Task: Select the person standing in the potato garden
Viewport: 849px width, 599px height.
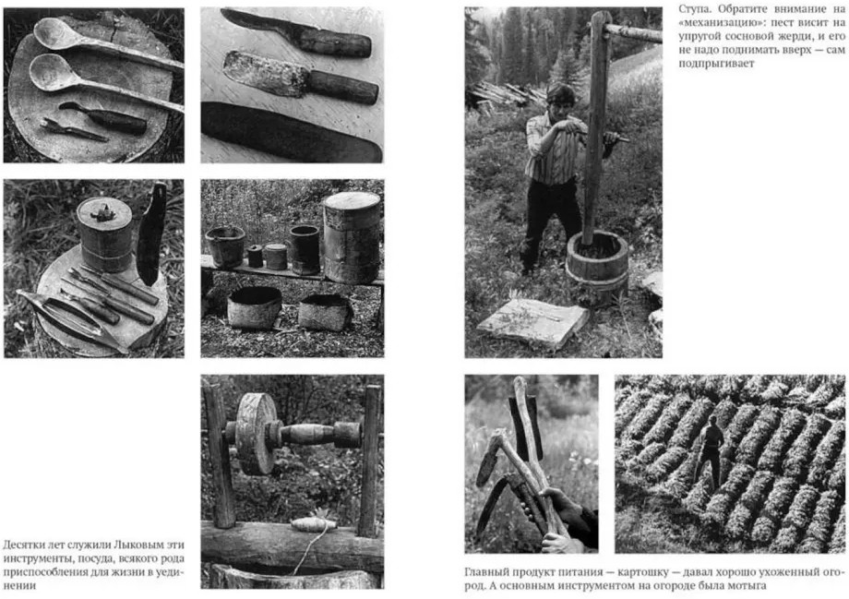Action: pyautogui.click(x=710, y=450)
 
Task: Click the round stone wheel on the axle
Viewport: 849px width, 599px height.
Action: pyautogui.click(x=254, y=433)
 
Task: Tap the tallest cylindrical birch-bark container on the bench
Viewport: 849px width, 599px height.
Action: pyautogui.click(x=352, y=237)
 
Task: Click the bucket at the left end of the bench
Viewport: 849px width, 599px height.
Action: pyautogui.click(x=225, y=246)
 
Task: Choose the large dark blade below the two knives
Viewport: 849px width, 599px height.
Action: pyautogui.click(x=292, y=132)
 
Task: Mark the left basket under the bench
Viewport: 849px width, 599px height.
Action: pyautogui.click(x=255, y=307)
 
